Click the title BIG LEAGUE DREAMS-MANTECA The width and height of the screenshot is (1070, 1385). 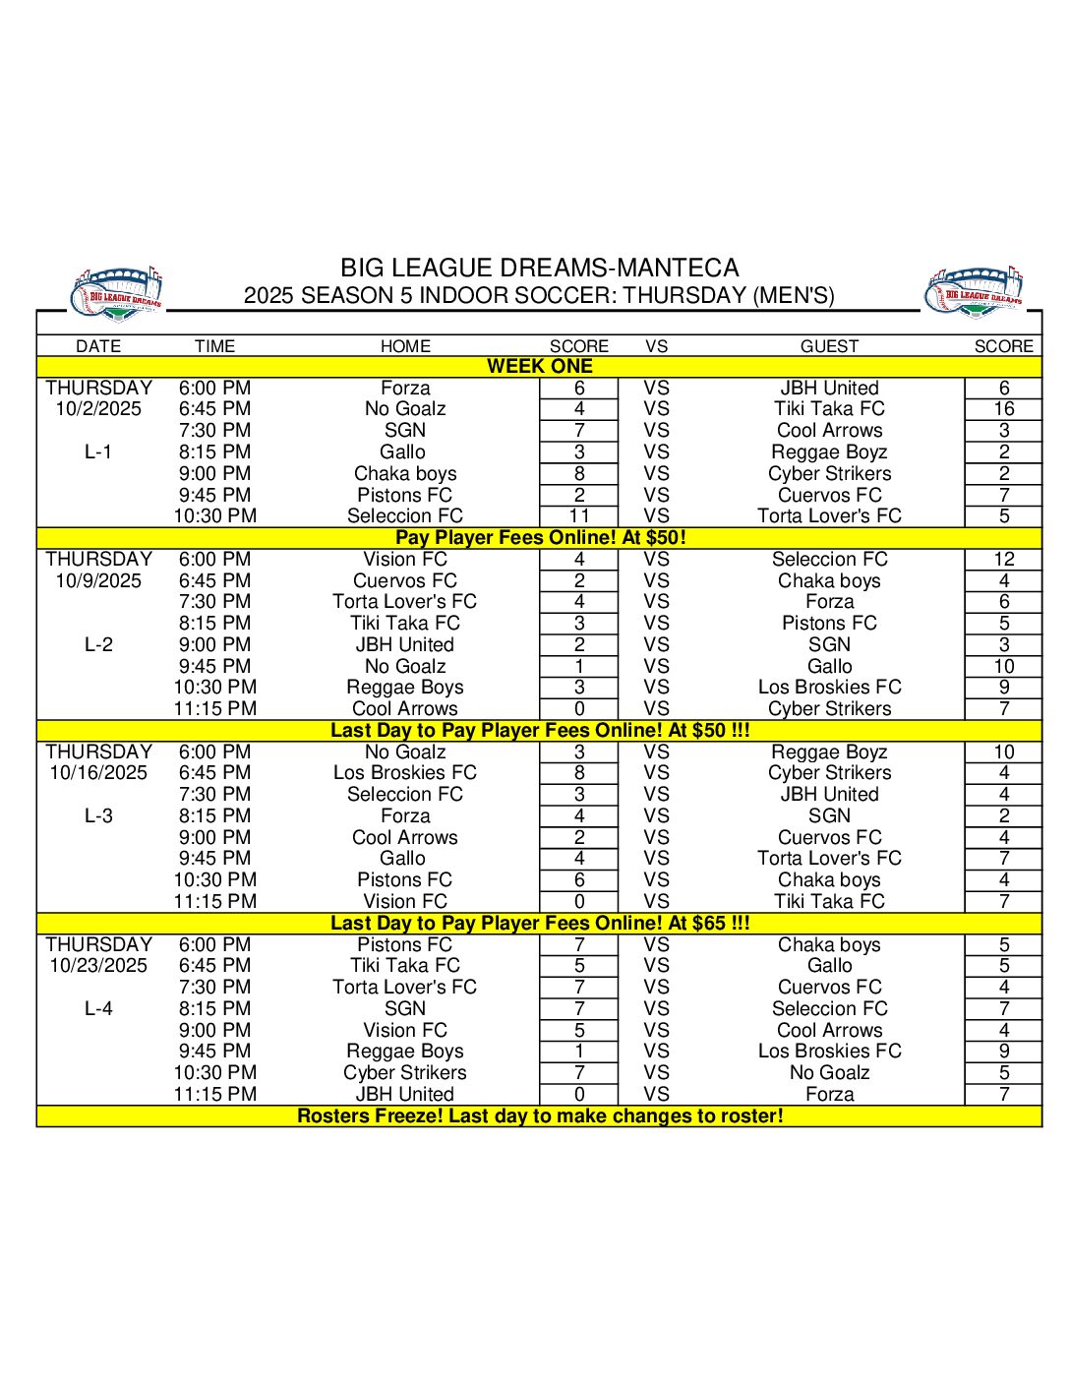point(539,268)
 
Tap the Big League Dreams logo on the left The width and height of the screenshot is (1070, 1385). point(117,292)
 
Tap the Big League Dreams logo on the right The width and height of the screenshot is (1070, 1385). point(974,292)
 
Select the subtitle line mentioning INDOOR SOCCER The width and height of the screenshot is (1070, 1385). point(539,295)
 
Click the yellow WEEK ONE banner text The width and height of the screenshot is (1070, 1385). point(539,367)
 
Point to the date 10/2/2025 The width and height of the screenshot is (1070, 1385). point(98,409)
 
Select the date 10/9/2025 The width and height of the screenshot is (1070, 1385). point(98,580)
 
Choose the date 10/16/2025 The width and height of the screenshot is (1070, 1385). point(98,773)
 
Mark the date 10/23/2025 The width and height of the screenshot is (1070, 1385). point(98,966)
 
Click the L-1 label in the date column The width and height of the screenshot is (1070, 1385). point(98,452)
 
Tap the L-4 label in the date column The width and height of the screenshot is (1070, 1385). point(98,1009)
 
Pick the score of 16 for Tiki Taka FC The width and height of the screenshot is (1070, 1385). point(1003,409)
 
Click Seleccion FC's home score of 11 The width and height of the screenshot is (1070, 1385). point(579,516)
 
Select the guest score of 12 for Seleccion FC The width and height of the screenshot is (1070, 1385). point(1003,560)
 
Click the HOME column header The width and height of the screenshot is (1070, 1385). point(405,346)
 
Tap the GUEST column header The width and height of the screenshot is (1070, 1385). point(829,346)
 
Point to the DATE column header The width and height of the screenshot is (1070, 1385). point(98,346)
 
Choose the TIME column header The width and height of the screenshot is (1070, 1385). point(214,346)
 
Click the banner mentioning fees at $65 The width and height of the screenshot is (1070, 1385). point(539,924)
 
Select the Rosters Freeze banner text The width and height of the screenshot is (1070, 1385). point(539,1116)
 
